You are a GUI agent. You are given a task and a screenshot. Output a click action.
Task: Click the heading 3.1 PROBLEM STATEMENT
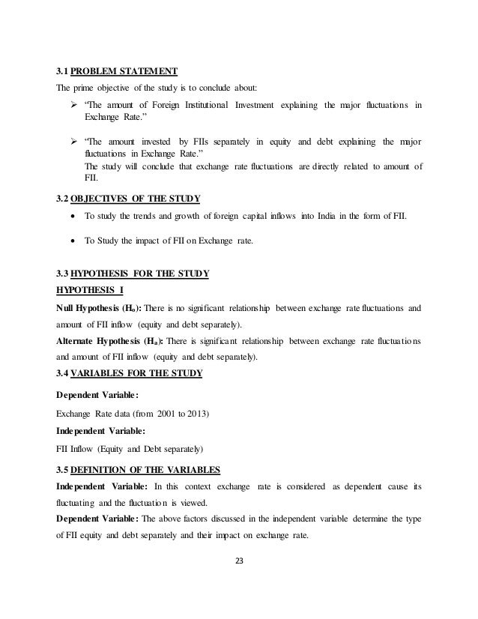point(117,72)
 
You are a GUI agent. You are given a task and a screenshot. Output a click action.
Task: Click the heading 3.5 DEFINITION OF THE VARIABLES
point(138,470)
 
